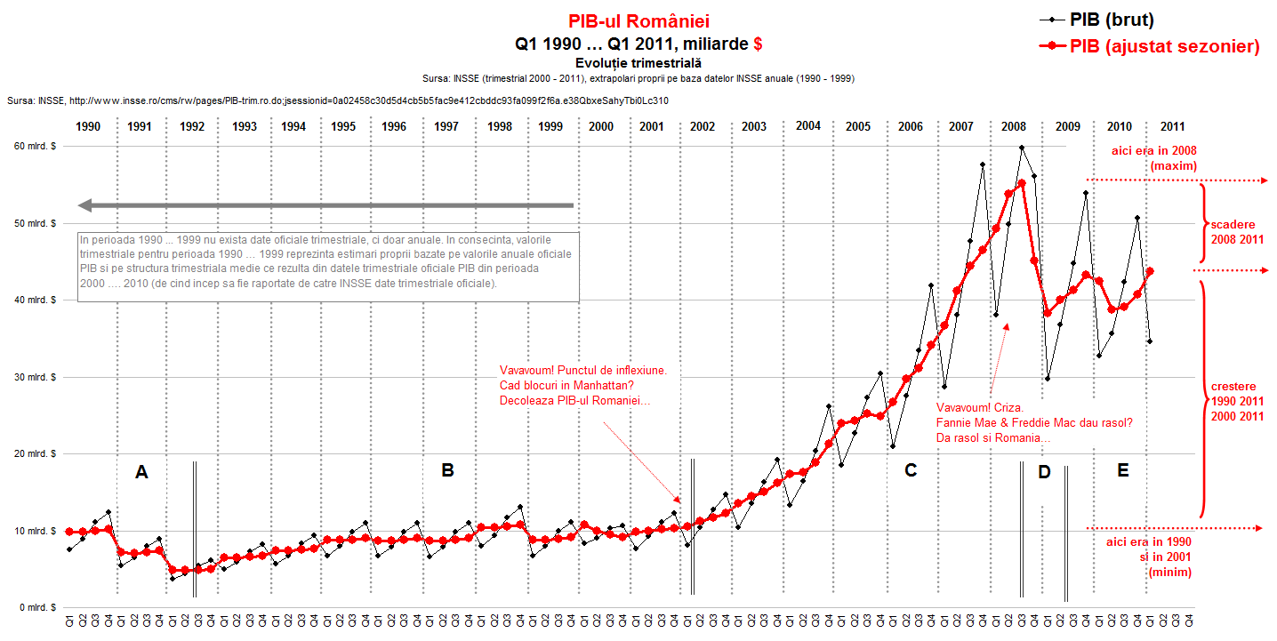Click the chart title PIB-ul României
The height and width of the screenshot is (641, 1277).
(x=638, y=21)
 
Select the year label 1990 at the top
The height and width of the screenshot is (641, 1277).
(x=88, y=126)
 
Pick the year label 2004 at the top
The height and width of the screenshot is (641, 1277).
(x=808, y=126)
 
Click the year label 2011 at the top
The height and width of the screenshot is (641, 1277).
(x=1172, y=126)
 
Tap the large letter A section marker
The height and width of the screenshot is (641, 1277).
(x=141, y=473)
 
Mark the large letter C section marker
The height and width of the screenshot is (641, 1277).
(x=911, y=471)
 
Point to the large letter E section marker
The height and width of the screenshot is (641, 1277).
(x=1122, y=471)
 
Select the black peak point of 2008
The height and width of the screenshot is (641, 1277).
(x=1022, y=148)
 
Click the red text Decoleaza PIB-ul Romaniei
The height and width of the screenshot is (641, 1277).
(x=574, y=401)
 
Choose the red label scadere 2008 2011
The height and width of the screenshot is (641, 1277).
(x=1237, y=231)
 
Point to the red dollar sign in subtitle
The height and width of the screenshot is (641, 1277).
(x=757, y=43)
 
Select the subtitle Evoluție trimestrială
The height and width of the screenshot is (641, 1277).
(x=638, y=63)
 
